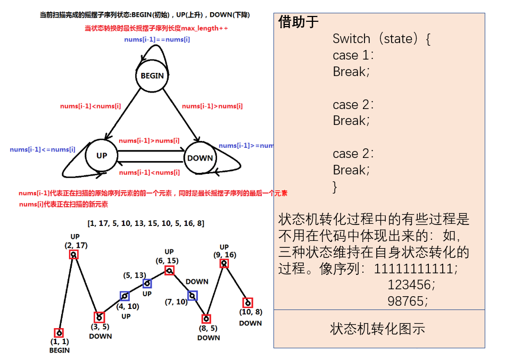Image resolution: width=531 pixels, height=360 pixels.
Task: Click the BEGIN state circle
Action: (x=152, y=76)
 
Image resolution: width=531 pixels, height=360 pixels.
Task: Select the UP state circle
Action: (x=102, y=155)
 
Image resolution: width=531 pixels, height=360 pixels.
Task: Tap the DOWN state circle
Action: (x=200, y=157)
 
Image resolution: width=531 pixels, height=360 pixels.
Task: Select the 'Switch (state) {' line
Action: (x=381, y=39)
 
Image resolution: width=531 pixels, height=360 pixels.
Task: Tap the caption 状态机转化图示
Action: (x=378, y=329)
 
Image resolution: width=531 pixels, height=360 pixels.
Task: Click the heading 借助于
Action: (x=298, y=22)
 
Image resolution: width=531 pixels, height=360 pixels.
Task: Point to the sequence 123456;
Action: (x=411, y=284)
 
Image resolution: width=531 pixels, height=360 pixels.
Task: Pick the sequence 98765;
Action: (x=408, y=301)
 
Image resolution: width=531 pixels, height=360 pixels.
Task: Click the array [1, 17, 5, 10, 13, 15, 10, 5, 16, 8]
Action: (x=146, y=223)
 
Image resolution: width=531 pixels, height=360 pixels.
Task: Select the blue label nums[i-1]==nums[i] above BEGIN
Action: (x=157, y=39)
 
